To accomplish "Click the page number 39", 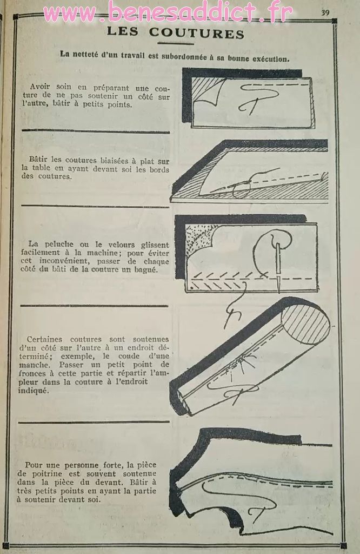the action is [x=325, y=13].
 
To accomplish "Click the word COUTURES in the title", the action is [x=197, y=33].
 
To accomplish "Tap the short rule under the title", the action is [x=176, y=44].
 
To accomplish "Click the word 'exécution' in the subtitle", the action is [x=271, y=58].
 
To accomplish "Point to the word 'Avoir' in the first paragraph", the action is [x=41, y=87].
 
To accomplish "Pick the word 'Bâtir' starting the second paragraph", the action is [x=38, y=160].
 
